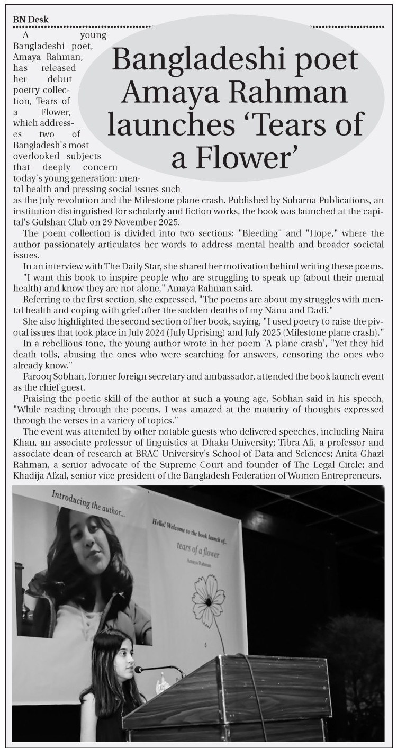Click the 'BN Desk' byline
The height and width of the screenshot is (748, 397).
(x=31, y=20)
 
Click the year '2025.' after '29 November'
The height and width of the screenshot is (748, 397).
(x=167, y=222)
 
